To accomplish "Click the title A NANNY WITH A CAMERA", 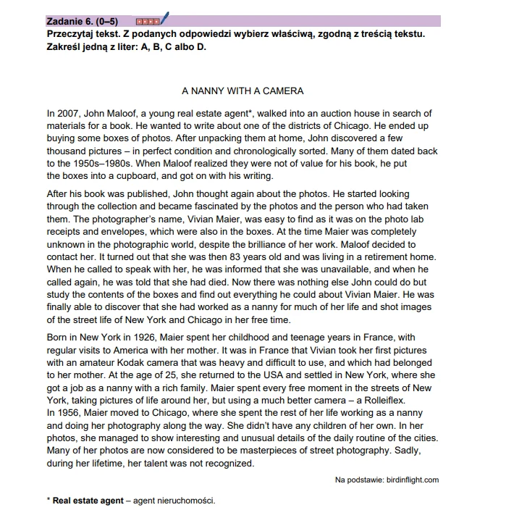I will click(242, 91).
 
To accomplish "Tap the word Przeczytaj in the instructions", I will click(72, 34).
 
